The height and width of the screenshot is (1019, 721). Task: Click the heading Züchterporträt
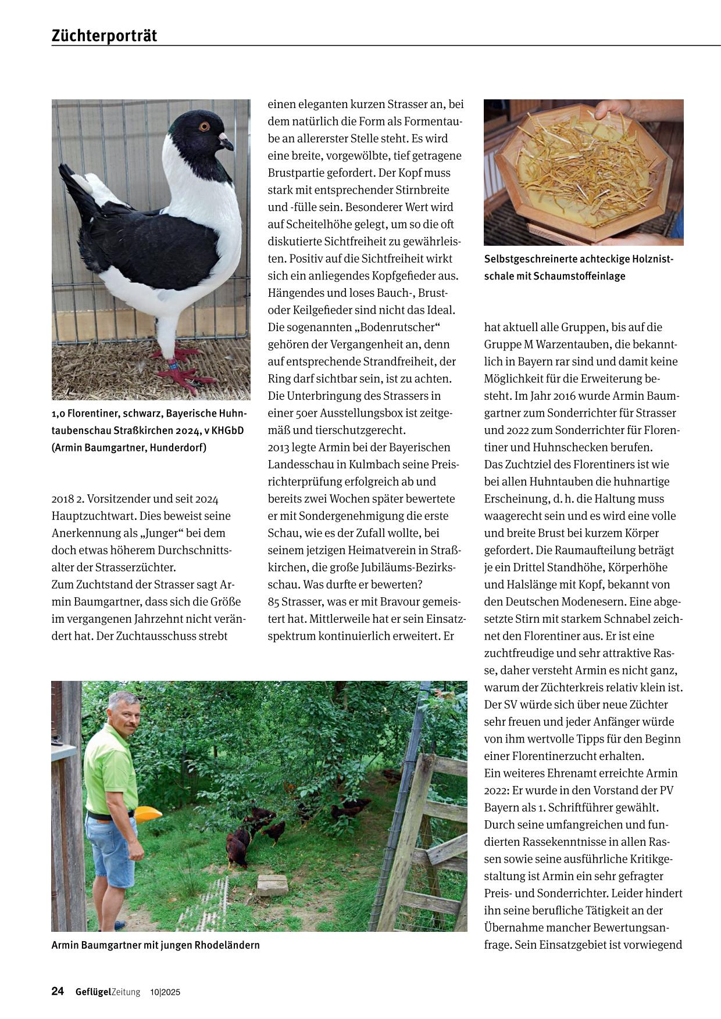tap(104, 36)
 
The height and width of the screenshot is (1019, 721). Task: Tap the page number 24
tap(58, 991)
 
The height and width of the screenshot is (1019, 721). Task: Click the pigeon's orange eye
tap(204, 126)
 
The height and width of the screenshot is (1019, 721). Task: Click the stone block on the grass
tap(273, 885)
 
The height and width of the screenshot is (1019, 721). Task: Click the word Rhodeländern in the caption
tap(227, 945)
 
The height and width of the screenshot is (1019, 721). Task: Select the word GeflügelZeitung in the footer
tap(108, 992)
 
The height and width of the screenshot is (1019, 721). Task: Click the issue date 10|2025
tap(165, 992)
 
